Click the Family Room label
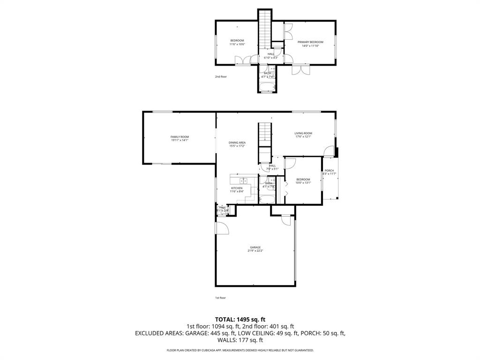point(180,136)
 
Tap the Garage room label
point(255,247)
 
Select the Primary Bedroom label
point(310,42)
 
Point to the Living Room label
point(303,133)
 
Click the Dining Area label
point(237,142)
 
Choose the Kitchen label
point(236,188)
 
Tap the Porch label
point(329,171)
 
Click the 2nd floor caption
point(221,76)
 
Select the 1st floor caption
point(220,298)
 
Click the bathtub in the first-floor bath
point(267,199)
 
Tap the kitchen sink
point(244,180)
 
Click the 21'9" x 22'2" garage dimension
point(255,251)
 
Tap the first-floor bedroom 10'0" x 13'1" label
point(303,183)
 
